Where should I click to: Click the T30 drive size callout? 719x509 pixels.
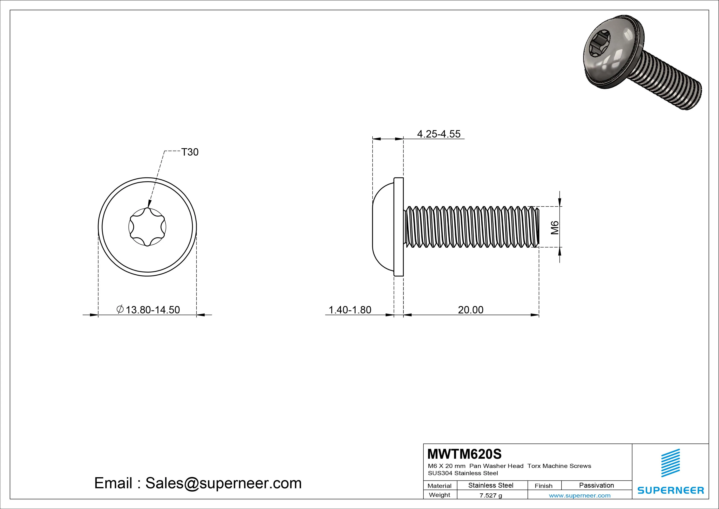(x=190, y=152)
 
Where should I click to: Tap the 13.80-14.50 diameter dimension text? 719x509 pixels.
(x=152, y=310)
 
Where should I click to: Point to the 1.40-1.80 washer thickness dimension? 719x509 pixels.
(x=350, y=310)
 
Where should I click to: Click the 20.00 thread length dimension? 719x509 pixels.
(x=470, y=310)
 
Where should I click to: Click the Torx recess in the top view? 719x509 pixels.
(x=147, y=227)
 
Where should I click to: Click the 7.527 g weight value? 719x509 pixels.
(x=491, y=495)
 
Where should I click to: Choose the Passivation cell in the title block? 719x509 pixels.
(x=596, y=485)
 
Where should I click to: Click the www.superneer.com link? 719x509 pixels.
(x=580, y=495)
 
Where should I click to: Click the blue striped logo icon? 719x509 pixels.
(x=670, y=463)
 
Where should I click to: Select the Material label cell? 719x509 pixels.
(x=439, y=486)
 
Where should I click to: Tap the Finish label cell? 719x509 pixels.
(x=543, y=486)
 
